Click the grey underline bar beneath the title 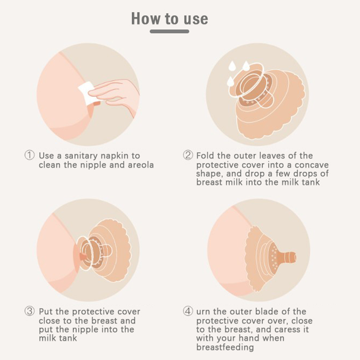pos(169,31)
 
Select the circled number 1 pos(30,155)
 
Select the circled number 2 pos(188,155)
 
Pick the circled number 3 pos(30,311)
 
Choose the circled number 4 pos(188,311)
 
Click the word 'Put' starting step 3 pos(46,312)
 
